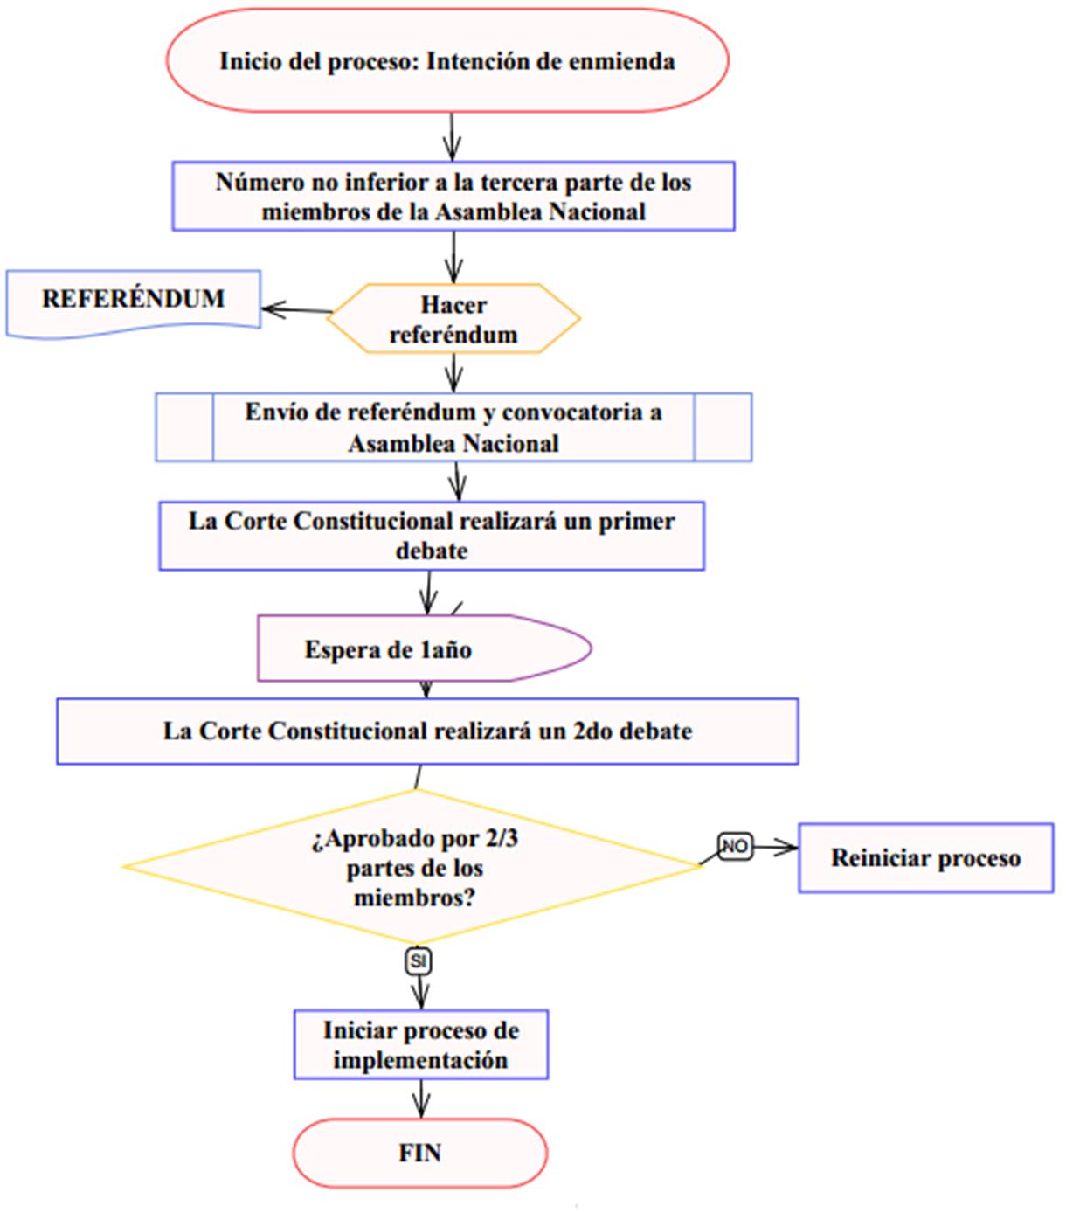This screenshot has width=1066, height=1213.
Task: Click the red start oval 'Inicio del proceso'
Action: (x=446, y=61)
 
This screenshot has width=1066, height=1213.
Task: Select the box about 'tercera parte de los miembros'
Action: (x=453, y=197)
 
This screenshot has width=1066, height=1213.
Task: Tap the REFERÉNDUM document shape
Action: (x=133, y=300)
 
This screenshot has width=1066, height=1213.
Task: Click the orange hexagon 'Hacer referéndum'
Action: (x=453, y=319)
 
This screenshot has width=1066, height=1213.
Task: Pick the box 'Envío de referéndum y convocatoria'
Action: (x=453, y=427)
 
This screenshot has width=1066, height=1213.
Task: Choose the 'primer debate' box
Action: (x=431, y=536)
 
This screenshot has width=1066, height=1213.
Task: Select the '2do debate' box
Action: (x=427, y=731)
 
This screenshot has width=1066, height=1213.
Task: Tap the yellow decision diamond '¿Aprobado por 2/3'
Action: (x=413, y=868)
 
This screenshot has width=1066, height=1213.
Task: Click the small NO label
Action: (x=734, y=846)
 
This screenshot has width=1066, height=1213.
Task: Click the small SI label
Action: (x=419, y=962)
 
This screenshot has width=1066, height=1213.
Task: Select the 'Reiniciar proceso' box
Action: (x=925, y=858)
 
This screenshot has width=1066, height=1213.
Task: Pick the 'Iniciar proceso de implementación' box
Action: (x=420, y=1045)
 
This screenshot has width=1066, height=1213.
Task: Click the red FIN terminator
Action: (x=419, y=1154)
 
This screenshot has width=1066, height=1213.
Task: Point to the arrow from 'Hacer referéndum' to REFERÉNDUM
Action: (x=295, y=309)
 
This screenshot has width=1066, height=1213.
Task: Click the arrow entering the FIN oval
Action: (x=420, y=1099)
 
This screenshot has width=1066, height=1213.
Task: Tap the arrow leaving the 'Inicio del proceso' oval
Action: (x=452, y=136)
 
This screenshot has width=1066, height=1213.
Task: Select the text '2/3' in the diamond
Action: (x=501, y=839)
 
